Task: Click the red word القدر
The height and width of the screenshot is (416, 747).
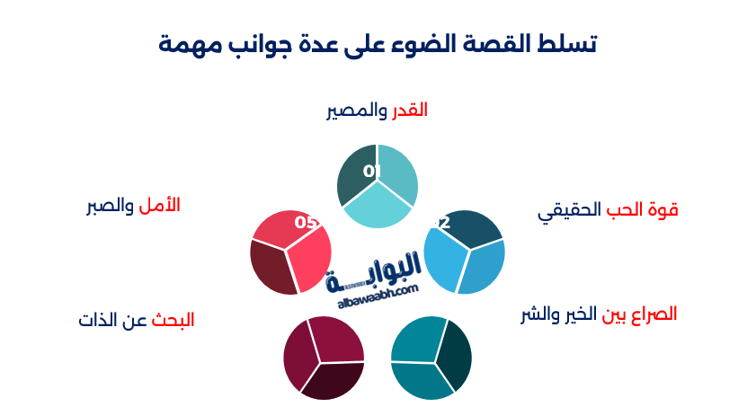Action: [409, 111]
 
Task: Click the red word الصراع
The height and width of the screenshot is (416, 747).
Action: [654, 314]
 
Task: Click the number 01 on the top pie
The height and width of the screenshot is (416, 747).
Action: [372, 171]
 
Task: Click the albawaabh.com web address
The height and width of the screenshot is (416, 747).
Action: [378, 297]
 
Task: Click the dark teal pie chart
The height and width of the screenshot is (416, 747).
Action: [431, 358]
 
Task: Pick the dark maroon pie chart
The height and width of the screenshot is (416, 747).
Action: [324, 358]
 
